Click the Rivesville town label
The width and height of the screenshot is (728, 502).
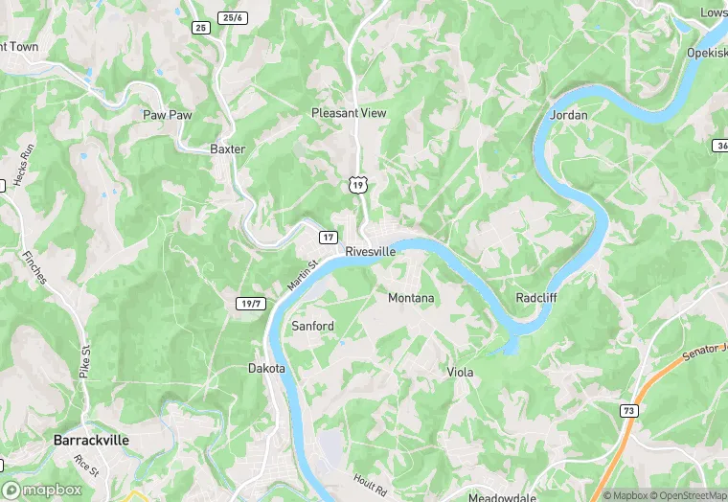point(370,251)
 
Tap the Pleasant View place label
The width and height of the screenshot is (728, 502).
point(349,113)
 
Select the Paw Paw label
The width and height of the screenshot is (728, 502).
point(168,115)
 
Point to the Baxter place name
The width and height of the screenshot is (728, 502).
point(228,149)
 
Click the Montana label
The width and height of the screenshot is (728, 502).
point(411,298)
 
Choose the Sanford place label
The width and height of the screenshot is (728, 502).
point(312,327)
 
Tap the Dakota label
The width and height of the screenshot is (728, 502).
point(266,368)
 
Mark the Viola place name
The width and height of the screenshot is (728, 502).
point(461,372)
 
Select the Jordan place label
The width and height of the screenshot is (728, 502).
point(570,115)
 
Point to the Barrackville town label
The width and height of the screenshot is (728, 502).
point(91,441)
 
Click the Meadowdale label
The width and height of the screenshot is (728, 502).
point(503,497)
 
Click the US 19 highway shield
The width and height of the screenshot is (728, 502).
point(357,184)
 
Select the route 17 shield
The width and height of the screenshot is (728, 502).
point(329,237)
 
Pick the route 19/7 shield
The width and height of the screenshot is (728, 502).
point(250,303)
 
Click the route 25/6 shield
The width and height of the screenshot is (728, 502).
point(233,18)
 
